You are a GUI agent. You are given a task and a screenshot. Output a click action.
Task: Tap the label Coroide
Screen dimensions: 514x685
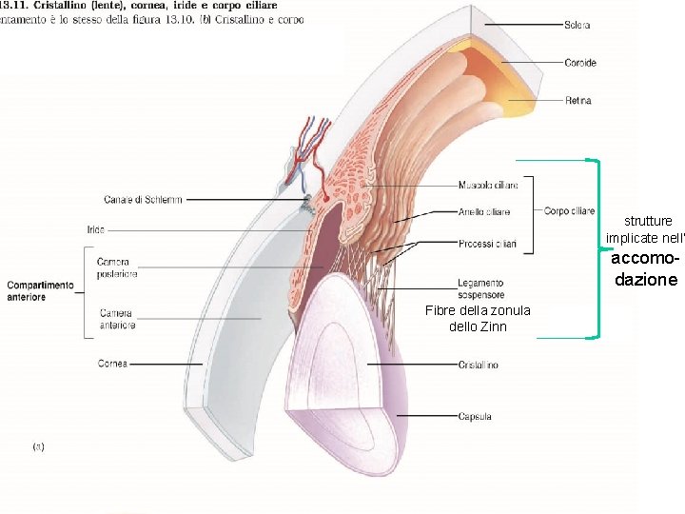[x=580, y=63]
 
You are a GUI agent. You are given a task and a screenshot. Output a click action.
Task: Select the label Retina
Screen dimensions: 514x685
[x=578, y=101]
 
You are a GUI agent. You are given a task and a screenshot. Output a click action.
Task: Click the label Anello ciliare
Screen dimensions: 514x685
[x=484, y=212]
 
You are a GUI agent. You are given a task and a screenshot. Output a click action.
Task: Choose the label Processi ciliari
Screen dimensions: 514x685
[x=487, y=245]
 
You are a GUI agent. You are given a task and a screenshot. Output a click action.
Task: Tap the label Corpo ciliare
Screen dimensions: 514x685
[x=569, y=211]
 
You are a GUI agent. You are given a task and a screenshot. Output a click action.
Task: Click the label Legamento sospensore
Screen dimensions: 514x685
[x=480, y=288]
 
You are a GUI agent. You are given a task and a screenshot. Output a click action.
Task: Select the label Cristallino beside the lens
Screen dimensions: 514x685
[x=478, y=366]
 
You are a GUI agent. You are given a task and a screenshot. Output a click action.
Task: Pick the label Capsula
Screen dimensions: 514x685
[x=475, y=417]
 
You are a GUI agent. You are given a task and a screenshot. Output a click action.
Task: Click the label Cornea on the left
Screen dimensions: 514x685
[x=112, y=364]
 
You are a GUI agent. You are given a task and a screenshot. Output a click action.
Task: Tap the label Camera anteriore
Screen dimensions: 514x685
[x=116, y=319]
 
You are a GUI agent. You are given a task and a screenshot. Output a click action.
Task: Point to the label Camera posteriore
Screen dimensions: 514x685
[x=117, y=267]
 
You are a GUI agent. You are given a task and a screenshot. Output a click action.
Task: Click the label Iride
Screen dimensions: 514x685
[x=95, y=229]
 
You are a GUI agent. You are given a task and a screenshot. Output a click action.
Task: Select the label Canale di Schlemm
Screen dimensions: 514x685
[x=144, y=200]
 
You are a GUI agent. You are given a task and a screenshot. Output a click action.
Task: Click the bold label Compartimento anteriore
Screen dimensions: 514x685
[x=40, y=291]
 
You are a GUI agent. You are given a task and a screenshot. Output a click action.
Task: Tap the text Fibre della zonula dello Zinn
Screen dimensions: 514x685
[x=478, y=319]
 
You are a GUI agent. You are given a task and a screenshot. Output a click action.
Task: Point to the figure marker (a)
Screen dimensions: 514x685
[x=39, y=445]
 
